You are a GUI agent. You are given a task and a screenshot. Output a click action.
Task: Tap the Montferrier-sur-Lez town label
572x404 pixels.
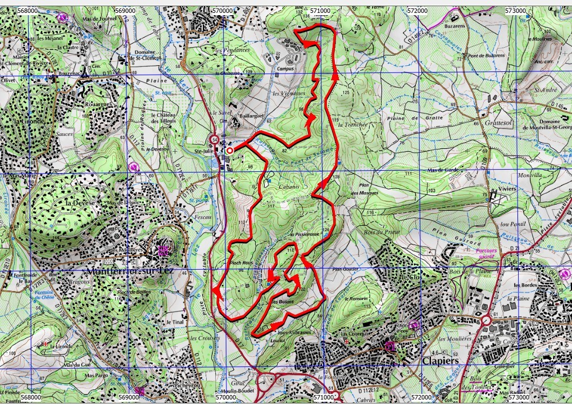(x=130, y=271)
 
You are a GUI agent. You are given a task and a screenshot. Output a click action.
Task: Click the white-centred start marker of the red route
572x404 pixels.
(x=230, y=150)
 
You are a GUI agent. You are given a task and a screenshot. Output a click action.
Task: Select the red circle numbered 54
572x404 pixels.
(x=214, y=139)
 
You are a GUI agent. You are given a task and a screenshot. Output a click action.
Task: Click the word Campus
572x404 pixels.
(x=286, y=70)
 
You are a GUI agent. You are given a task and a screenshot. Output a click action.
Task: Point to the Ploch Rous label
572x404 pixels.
(x=239, y=262)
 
